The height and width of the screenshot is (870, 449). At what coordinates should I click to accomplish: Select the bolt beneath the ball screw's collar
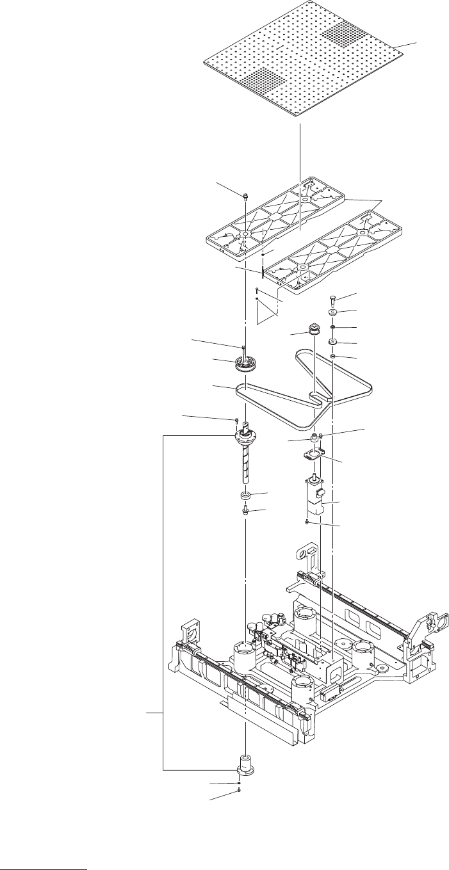[x=245, y=511]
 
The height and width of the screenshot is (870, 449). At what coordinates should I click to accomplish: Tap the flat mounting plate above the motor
[x=313, y=456]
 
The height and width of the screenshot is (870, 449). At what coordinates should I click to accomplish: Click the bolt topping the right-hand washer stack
[x=333, y=300]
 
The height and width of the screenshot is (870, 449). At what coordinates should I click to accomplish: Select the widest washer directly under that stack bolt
[x=334, y=314]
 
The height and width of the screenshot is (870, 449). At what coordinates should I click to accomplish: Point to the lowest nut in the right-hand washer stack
[x=334, y=356]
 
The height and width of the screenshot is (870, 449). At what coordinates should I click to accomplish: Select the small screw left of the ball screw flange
[x=236, y=421]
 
